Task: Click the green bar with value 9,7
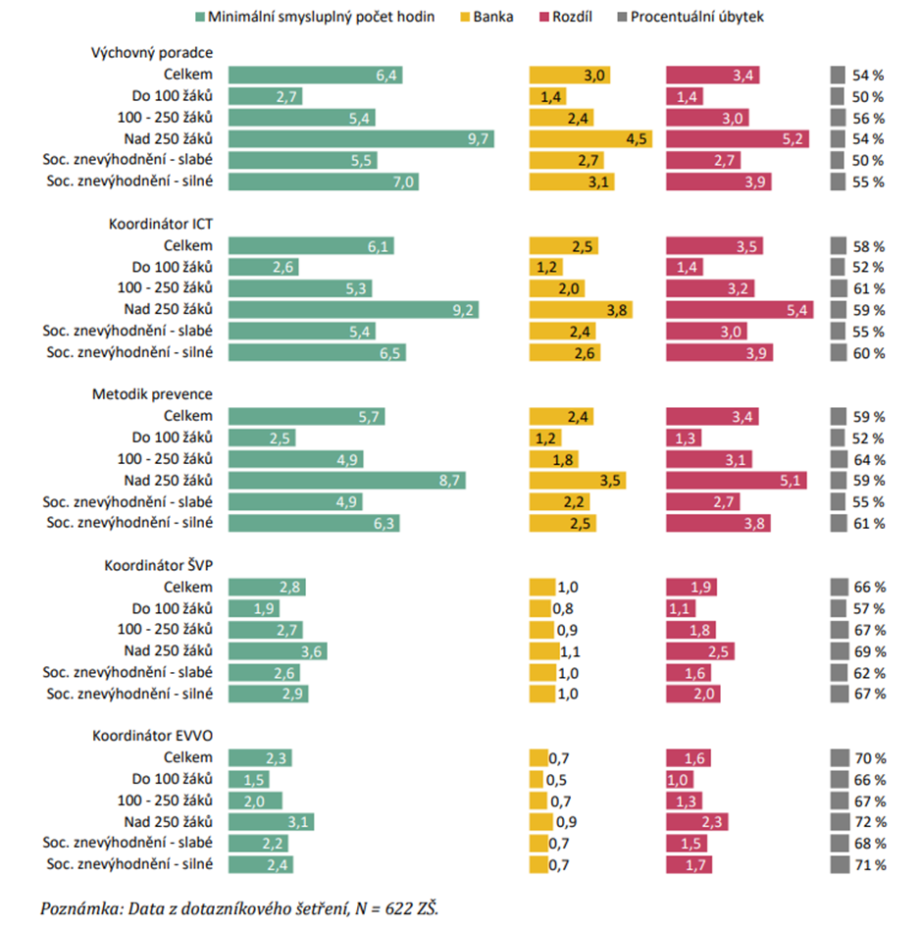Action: [361, 138]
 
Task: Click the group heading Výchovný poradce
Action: [152, 53]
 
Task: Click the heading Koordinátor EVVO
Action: [153, 735]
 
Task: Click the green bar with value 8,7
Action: [347, 481]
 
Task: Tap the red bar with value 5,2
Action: [738, 138]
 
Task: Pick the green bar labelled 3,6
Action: [278, 651]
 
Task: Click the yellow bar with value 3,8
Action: [581, 310]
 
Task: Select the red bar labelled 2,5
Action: [700, 651]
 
